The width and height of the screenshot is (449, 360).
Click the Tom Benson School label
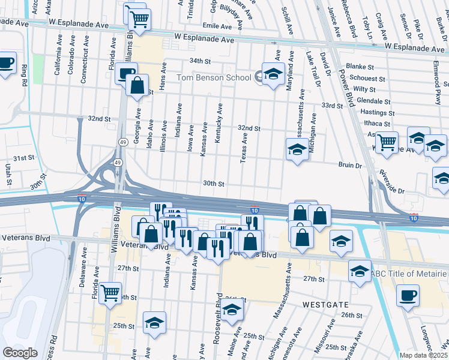[x=213, y=77]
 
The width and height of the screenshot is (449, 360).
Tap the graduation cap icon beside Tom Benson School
[x=273, y=74]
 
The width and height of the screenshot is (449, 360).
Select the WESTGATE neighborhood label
[x=324, y=304]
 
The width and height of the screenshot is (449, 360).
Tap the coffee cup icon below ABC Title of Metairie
[x=408, y=295]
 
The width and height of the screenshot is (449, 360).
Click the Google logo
[x=20, y=352]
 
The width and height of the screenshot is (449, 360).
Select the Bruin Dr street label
[x=351, y=165]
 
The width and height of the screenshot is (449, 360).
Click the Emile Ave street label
[x=217, y=26]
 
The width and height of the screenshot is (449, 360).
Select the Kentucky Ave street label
[x=220, y=121]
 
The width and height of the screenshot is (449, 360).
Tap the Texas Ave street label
[x=244, y=147]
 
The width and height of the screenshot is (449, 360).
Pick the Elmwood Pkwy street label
[x=439, y=87]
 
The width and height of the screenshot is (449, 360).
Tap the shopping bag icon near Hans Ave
[x=137, y=83]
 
